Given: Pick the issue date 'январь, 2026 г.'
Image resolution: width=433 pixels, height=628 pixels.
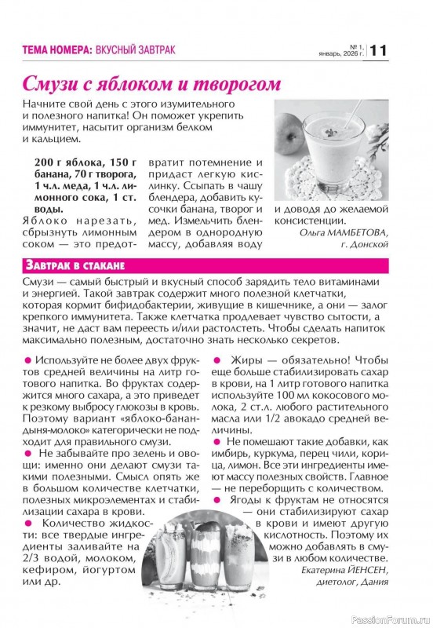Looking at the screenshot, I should (x=341, y=54).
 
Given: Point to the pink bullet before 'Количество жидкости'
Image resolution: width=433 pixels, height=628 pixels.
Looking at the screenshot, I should (x=28, y=522).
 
